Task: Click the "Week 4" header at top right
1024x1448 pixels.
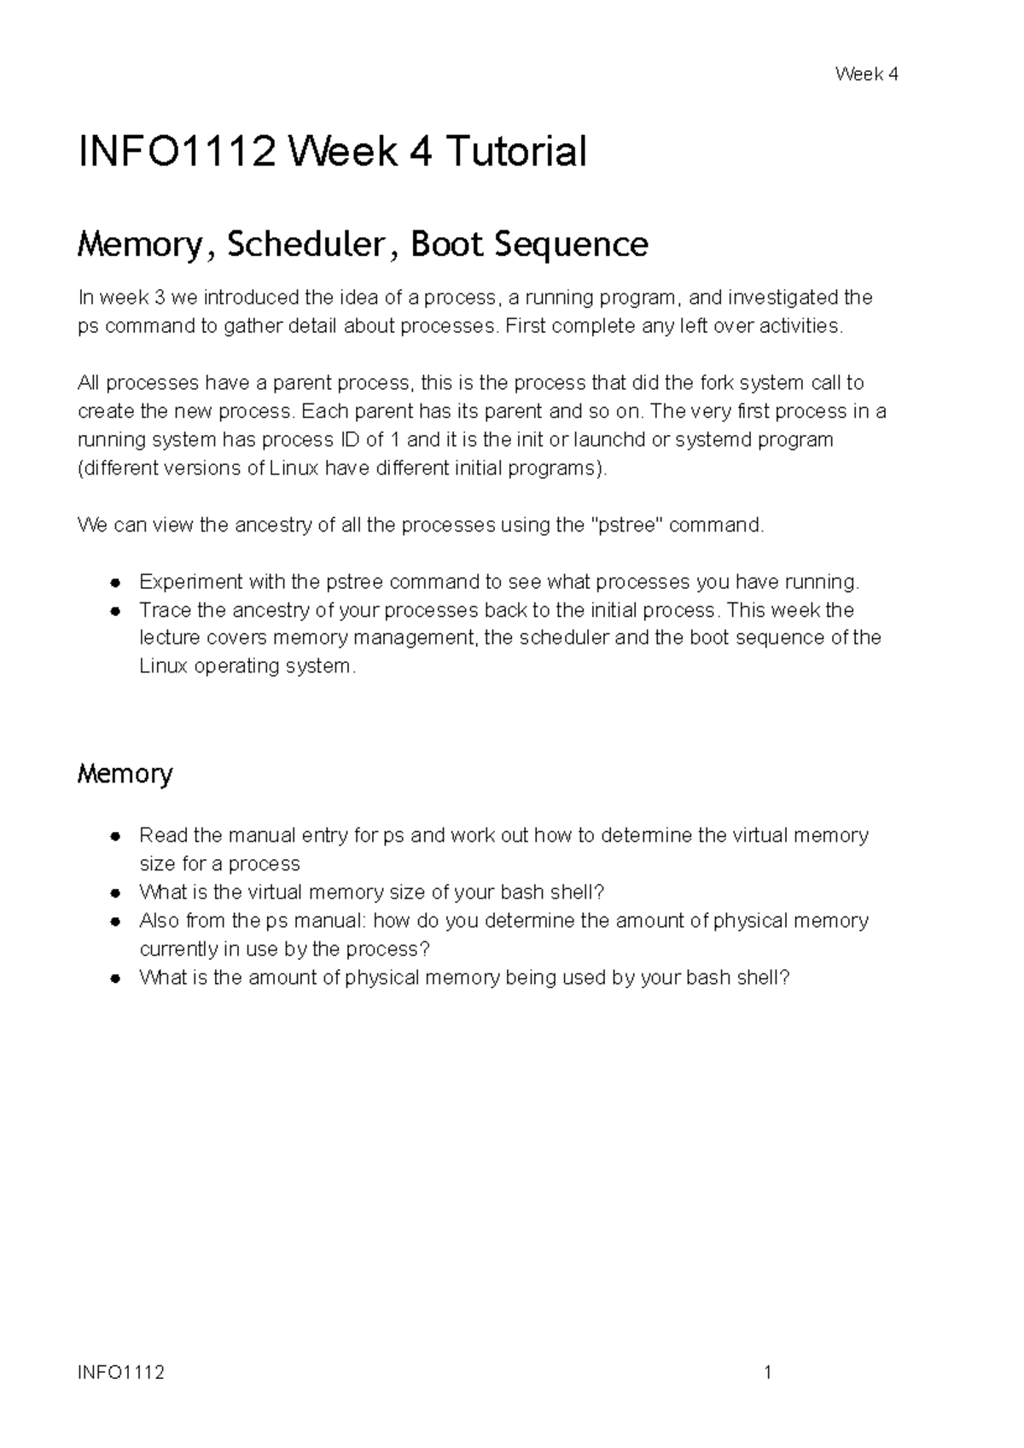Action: (866, 74)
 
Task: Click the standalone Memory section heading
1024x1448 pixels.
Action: (125, 774)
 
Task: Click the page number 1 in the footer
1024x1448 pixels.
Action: (768, 1373)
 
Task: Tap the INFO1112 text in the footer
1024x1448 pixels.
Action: (121, 1373)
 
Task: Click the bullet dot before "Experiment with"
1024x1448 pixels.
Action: (113, 584)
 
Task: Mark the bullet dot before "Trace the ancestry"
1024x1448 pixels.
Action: (113, 612)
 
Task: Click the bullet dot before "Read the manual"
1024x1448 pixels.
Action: (113, 836)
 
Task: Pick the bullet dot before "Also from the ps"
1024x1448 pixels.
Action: (113, 922)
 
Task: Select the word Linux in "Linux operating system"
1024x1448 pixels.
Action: (164, 666)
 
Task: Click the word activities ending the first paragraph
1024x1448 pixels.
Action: (798, 326)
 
